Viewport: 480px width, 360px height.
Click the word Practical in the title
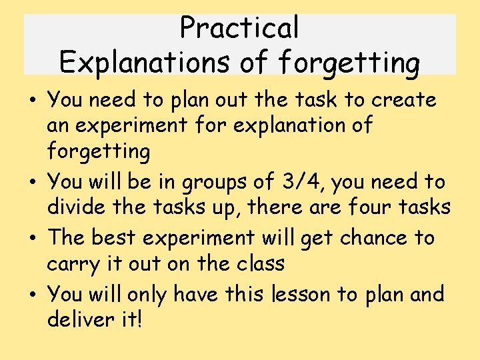click(239, 28)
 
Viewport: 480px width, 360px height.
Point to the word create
click(404, 100)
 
